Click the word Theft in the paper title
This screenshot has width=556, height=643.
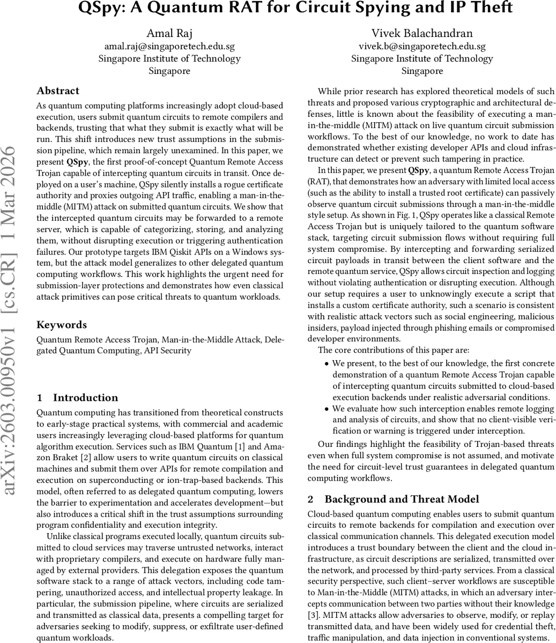488,8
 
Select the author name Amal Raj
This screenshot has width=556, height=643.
169,34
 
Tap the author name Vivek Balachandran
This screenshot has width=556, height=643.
422,34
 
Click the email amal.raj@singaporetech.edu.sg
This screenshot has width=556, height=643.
169,47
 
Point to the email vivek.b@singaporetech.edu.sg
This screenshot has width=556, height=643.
422,47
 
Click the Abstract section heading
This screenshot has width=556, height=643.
58,91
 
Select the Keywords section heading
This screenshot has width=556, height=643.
61,325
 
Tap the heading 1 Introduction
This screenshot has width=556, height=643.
77,398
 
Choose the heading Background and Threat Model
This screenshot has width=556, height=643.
402,499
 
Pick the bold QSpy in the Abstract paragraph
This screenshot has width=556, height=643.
75,161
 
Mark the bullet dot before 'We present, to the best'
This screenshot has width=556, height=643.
327,364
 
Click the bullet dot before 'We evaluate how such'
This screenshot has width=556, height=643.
327,409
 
